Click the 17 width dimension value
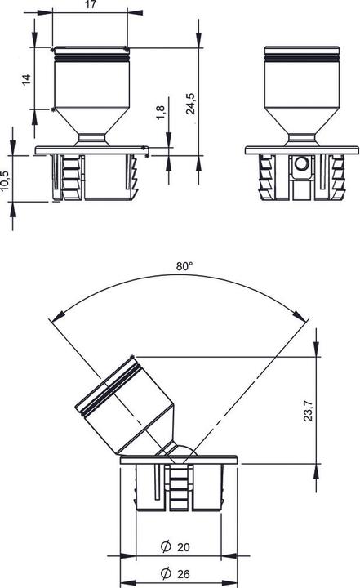coord(91,5)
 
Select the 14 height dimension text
coord(26,78)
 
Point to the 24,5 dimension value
coord(190,105)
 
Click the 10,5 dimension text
coord(6,180)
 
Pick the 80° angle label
coord(184,265)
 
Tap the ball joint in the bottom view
coord(183,452)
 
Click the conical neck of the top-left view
coord(91,127)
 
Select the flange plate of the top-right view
coord(302,149)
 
